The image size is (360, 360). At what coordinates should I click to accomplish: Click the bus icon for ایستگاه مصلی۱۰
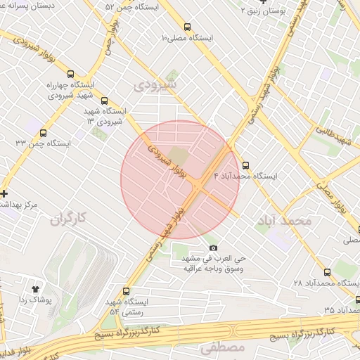(x=186, y=25)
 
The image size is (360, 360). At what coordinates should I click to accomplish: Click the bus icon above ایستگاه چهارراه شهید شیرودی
(x=70, y=74)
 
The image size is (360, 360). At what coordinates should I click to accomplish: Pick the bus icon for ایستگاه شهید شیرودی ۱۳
(x=105, y=101)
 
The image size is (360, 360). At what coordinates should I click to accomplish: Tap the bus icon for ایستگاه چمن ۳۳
(x=44, y=133)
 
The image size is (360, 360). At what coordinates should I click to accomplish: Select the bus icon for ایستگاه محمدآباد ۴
(x=245, y=165)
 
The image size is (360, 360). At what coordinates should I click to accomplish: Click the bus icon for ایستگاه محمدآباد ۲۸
(x=327, y=272)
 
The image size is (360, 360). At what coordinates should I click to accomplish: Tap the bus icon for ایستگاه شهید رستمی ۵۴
(x=127, y=291)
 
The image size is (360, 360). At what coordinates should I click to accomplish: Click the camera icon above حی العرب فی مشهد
(x=214, y=247)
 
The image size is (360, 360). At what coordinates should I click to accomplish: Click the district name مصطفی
(x=221, y=347)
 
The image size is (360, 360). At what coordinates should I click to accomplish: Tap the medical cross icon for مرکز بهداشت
(x=4, y=193)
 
